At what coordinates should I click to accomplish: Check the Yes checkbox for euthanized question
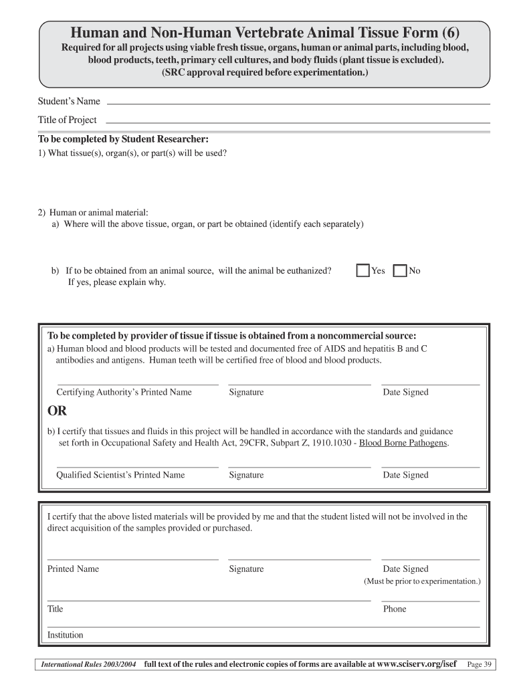(363, 271)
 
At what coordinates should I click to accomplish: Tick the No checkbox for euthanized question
(401, 271)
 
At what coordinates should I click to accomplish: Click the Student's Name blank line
(298, 104)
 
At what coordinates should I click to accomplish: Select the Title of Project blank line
(298, 122)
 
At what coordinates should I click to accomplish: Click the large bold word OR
(57, 411)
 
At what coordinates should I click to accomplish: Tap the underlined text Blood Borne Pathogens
(404, 443)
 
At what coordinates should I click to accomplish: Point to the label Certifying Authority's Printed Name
(124, 392)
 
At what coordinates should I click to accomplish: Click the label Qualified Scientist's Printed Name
(120, 475)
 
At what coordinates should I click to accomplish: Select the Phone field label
(395, 609)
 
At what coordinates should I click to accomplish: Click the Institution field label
(65, 635)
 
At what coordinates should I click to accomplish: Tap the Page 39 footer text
(480, 664)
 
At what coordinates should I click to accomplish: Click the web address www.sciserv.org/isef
(417, 664)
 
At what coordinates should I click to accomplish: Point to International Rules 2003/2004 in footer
(89, 665)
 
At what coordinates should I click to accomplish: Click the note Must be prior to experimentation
(422, 582)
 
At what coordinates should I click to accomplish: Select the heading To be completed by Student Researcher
(124, 140)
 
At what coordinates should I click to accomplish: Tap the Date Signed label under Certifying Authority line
(405, 392)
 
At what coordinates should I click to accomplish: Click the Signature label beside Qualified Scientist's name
(246, 475)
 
